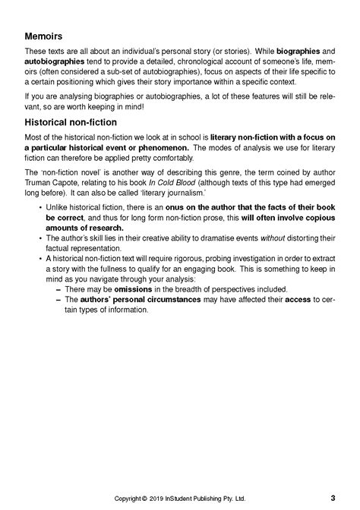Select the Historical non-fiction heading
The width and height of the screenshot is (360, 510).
(x=70, y=121)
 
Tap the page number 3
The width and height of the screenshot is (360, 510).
(x=333, y=498)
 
